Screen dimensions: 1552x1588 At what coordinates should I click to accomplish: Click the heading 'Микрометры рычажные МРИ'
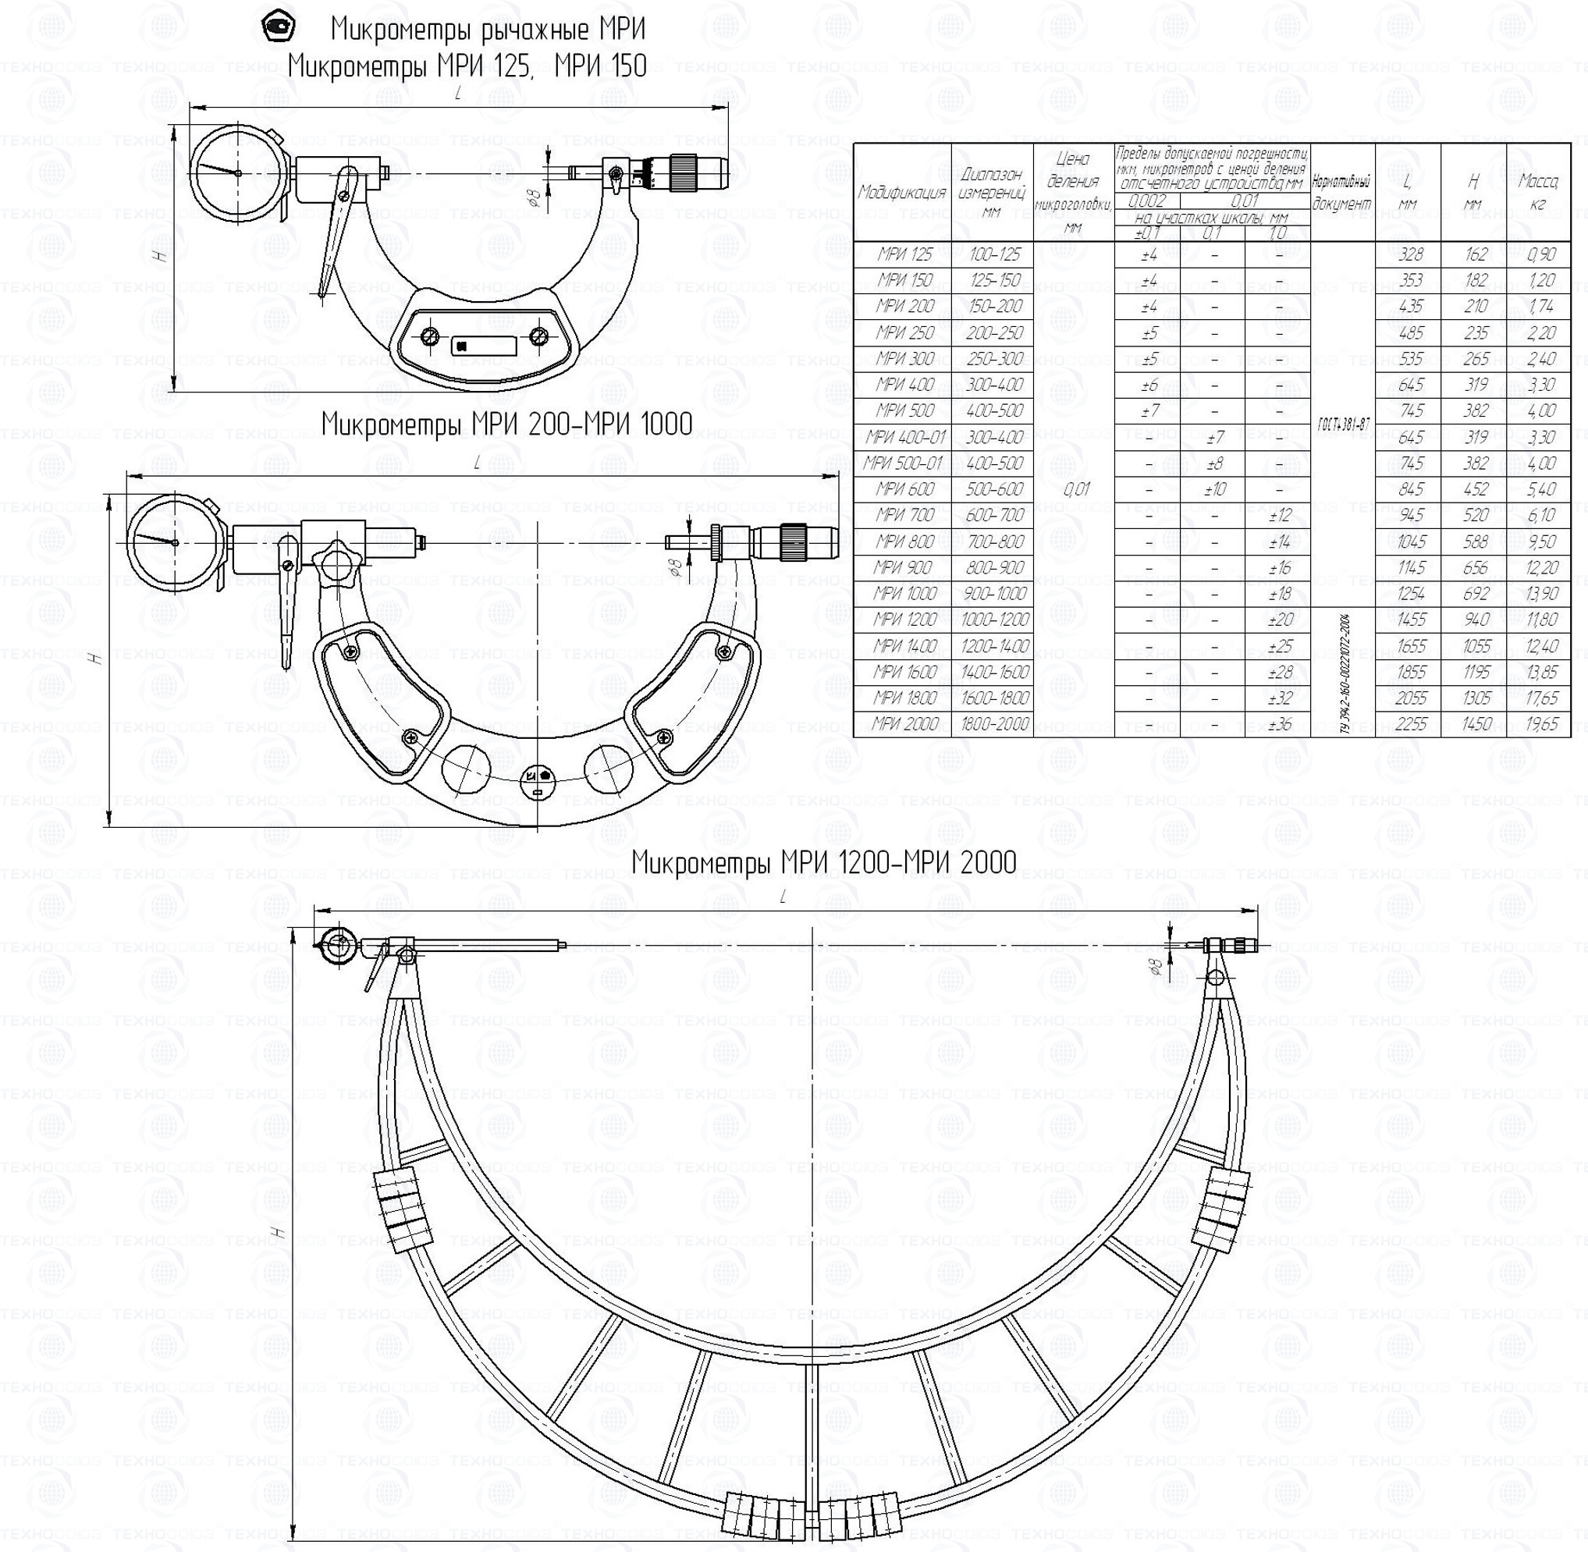(488, 30)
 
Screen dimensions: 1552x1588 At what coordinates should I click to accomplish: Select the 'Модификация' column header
(901, 194)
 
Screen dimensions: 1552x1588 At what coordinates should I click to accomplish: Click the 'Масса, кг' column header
(1538, 193)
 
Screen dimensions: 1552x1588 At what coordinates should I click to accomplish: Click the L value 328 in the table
(1409, 254)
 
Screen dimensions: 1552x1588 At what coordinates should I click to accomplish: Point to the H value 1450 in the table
(1476, 724)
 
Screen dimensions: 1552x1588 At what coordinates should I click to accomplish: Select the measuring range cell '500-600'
(993, 489)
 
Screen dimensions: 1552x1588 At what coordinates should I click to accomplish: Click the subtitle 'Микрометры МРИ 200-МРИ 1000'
(506, 424)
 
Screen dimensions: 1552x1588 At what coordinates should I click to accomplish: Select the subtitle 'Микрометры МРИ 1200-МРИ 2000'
(823, 861)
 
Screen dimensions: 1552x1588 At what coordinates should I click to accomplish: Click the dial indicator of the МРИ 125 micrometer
(238, 172)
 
